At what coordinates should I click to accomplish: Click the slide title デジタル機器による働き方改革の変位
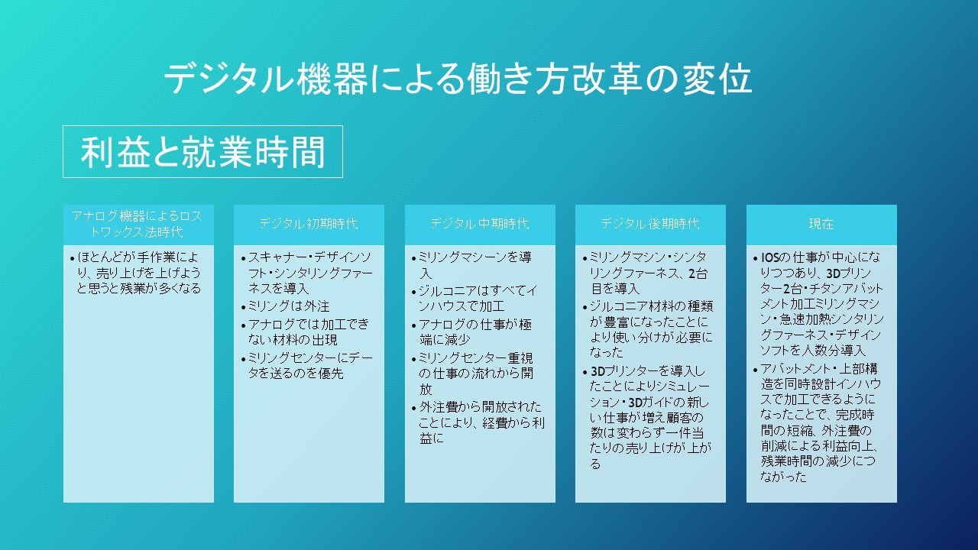click(x=458, y=79)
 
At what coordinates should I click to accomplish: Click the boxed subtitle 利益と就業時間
click(x=202, y=151)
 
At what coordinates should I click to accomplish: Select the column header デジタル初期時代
click(x=309, y=224)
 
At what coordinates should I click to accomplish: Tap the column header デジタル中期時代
click(x=480, y=224)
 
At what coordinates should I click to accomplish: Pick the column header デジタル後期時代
click(x=650, y=224)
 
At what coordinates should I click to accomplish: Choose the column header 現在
click(x=821, y=224)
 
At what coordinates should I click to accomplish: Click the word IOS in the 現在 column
click(x=769, y=257)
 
